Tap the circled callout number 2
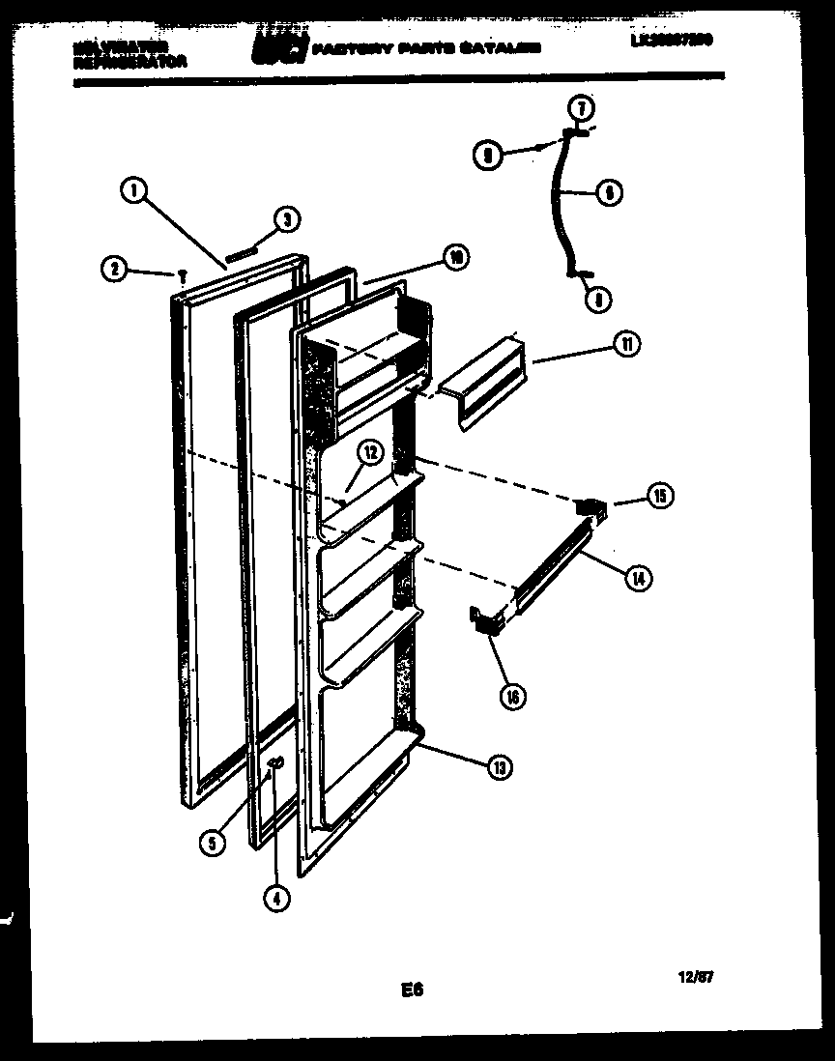click(115, 270)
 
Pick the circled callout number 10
click(454, 257)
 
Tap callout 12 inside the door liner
click(368, 451)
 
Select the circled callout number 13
click(499, 767)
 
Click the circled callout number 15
click(660, 496)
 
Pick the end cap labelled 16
click(484, 619)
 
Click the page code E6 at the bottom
click(412, 989)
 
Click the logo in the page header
click(279, 49)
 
